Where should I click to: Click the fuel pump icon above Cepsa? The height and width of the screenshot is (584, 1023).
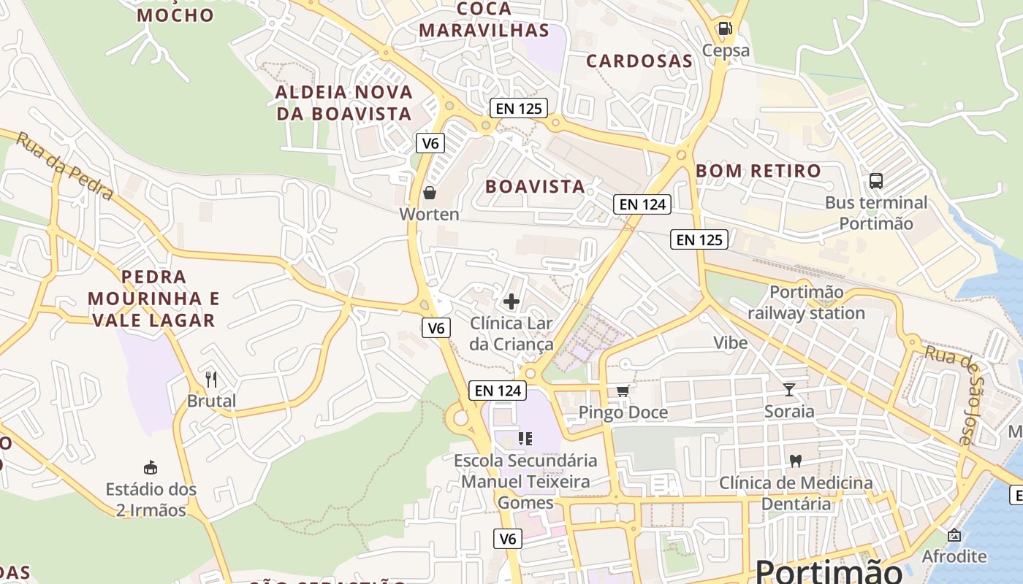pos(724,28)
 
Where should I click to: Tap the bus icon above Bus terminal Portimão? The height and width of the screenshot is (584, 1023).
pos(875,180)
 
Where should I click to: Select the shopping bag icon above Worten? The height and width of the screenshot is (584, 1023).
pos(430,193)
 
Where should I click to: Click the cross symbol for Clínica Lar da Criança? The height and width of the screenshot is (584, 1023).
pos(512,301)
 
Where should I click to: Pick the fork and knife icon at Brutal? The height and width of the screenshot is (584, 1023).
pos(211,379)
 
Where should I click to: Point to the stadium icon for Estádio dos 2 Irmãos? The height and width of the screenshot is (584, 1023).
pos(151,467)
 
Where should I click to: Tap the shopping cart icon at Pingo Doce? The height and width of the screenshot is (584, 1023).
pos(623,391)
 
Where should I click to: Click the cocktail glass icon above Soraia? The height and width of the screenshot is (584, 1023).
pos(789,389)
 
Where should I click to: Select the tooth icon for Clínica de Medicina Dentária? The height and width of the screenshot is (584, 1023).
pos(796,461)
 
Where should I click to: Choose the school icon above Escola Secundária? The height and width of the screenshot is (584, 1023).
pos(525,439)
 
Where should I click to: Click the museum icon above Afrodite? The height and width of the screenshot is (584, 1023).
pos(954,535)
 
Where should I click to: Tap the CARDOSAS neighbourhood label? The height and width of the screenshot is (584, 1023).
pos(639,61)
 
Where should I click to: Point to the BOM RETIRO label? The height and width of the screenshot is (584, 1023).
pos(758,171)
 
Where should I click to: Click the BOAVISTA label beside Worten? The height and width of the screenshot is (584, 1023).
pos(536,187)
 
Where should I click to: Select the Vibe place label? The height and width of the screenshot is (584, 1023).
pos(731,342)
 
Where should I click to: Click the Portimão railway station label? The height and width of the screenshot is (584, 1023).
pos(806,302)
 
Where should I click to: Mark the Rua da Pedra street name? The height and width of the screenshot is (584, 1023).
pos(64,166)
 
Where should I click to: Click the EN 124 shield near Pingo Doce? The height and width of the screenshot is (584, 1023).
pos(498,391)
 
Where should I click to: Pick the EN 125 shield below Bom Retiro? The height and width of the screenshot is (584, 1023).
pos(699,239)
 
